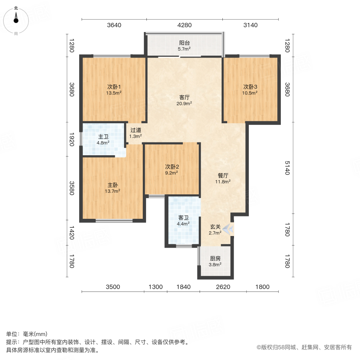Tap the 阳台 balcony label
(184, 43)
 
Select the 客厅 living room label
(184, 97)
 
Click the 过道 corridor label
(136, 130)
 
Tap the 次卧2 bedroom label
(171, 167)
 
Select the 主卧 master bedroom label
(112, 185)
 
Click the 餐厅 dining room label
(223, 175)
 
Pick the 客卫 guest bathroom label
(184, 218)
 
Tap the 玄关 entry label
(215, 227)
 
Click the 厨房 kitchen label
(215, 258)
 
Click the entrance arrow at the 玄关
(228, 229)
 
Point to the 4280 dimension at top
(185, 25)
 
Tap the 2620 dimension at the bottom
(222, 287)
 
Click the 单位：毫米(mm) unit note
(27, 334)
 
